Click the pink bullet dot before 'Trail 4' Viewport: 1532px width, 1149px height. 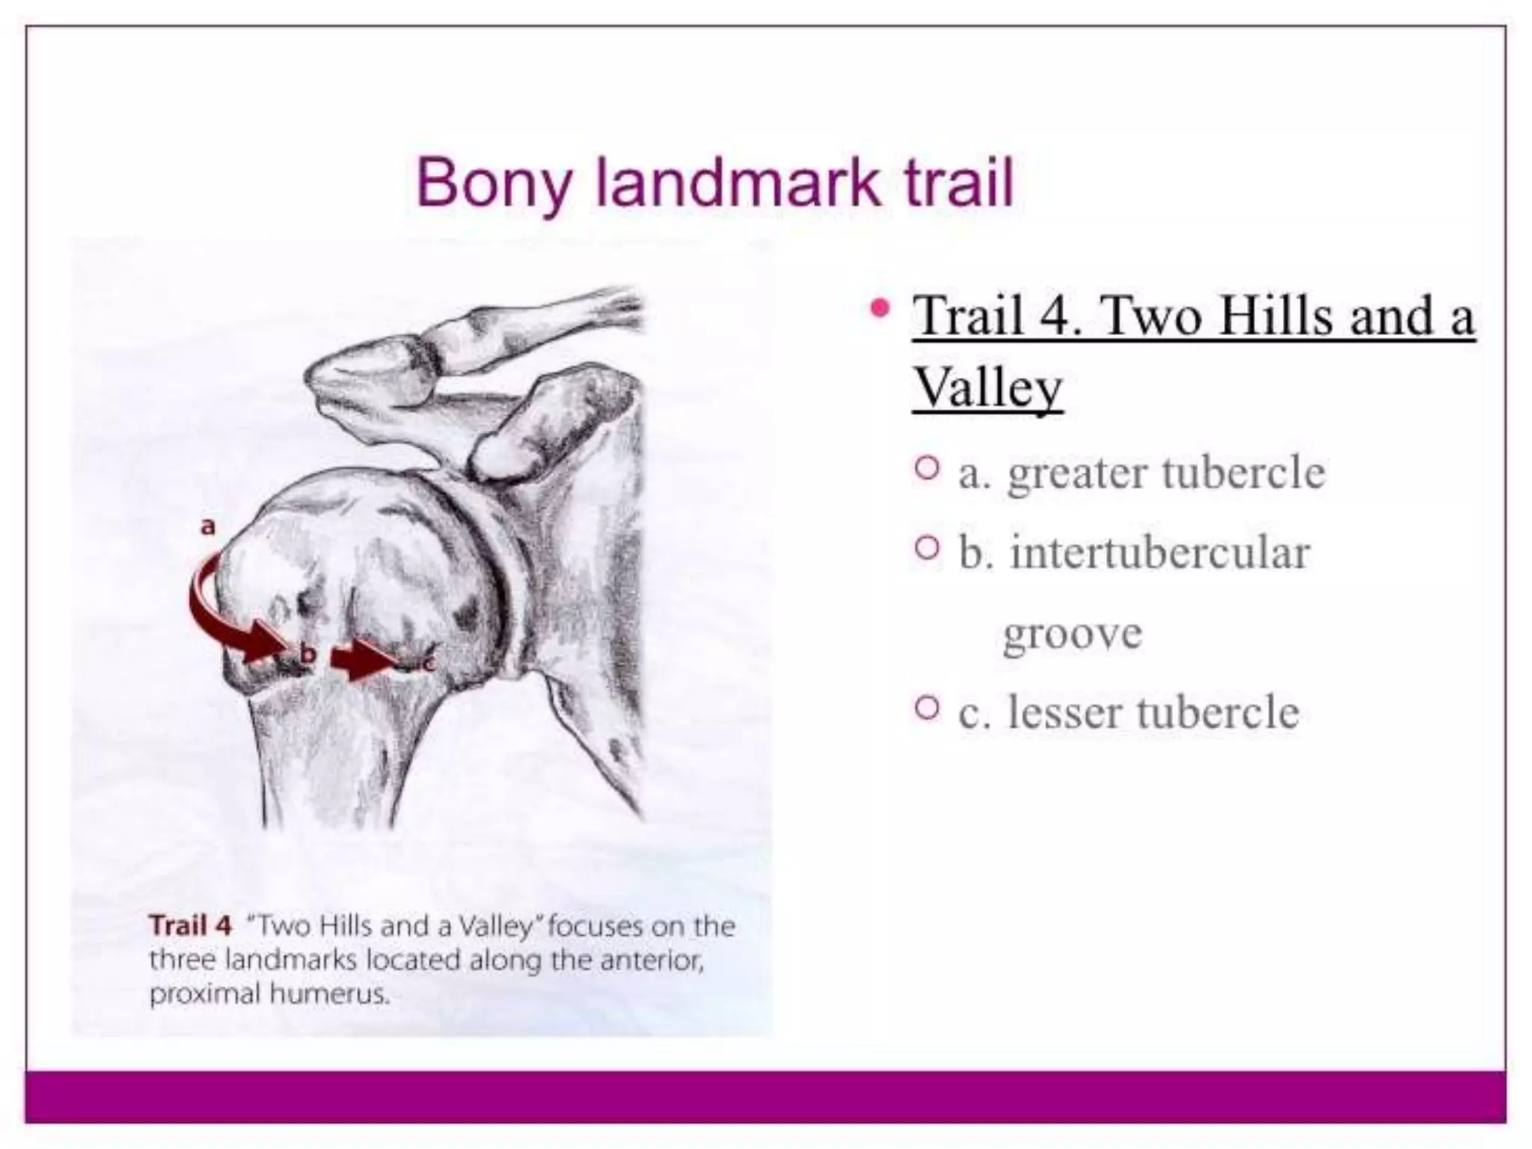tap(881, 307)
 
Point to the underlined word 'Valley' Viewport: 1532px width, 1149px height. tap(987, 387)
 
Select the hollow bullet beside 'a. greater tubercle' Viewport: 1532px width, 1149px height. tap(926, 469)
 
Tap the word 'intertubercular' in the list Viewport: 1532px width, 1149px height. tap(1159, 553)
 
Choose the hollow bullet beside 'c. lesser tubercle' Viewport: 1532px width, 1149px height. tap(926, 708)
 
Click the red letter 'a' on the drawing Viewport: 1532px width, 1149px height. tap(208, 526)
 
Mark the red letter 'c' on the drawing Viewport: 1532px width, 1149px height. tap(428, 661)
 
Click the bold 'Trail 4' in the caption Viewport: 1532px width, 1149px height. tap(191, 926)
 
